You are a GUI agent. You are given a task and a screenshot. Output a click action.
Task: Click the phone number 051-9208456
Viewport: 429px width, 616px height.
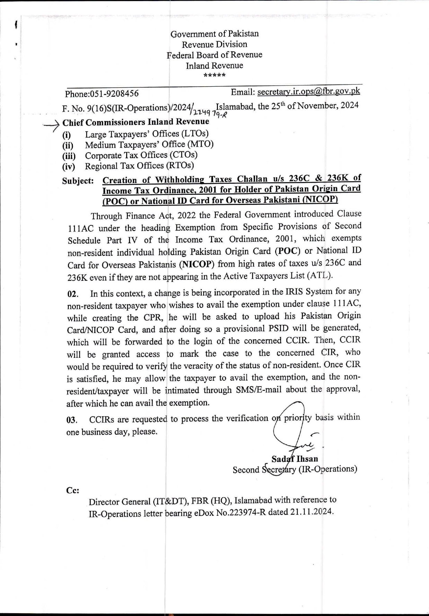click(x=114, y=94)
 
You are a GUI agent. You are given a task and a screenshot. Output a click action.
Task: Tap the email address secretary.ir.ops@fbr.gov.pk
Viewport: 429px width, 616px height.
click(x=308, y=91)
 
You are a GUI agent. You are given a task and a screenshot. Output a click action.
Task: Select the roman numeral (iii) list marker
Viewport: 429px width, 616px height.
click(x=69, y=156)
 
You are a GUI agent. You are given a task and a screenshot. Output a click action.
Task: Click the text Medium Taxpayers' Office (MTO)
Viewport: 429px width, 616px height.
click(x=149, y=144)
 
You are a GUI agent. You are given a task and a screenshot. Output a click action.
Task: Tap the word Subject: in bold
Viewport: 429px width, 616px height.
click(x=78, y=181)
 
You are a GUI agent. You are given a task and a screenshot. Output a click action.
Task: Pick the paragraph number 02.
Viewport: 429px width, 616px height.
click(x=72, y=294)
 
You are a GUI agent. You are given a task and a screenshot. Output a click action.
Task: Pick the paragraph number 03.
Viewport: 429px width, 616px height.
click(x=71, y=420)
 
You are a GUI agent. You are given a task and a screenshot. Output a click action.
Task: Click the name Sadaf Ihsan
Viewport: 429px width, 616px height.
click(x=295, y=459)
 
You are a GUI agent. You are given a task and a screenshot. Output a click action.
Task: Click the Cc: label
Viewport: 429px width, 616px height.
click(x=72, y=490)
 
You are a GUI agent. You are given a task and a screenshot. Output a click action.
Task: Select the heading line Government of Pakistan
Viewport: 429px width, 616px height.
click(x=214, y=34)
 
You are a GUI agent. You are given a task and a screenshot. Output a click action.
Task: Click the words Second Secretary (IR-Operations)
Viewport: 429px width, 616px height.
click(x=295, y=469)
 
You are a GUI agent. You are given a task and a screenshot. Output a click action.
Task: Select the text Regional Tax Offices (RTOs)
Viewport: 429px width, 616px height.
click(x=139, y=166)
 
